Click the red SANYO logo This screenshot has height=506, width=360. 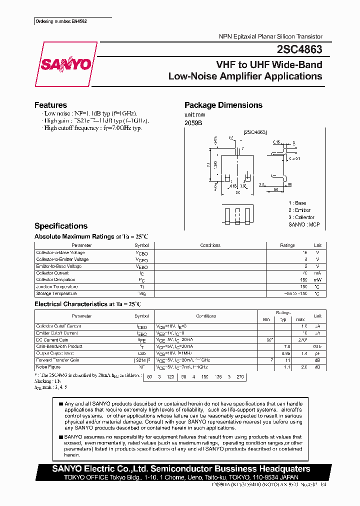pos(66,64)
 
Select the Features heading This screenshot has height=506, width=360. pos(50,105)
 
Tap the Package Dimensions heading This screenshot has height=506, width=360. pos(223,105)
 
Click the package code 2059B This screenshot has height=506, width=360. pos(193,123)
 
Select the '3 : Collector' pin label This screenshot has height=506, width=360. pos(301,217)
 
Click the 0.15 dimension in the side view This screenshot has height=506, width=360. pos(276,142)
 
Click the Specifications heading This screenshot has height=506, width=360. pos(60,226)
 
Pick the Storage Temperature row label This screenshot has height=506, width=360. pos(56,293)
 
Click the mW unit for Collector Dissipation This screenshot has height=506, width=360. pos(317,280)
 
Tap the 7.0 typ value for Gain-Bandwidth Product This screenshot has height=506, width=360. pos(287,346)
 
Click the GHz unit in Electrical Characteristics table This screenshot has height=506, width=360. pos(317,346)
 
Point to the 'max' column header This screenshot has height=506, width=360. pos(300,319)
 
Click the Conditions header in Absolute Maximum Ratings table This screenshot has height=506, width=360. pos(210,245)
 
